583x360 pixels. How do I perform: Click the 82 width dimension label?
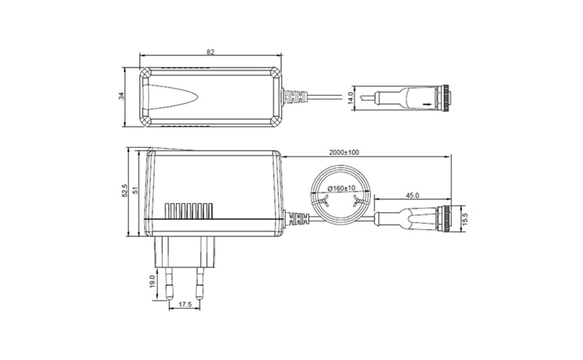pos(210,52)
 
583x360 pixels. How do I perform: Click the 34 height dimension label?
pos(122,96)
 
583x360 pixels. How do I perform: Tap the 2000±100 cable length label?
pos(344,152)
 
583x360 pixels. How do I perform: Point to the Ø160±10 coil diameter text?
pos(341,188)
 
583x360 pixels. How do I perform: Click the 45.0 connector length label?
pos(412,195)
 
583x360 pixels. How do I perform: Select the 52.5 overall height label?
pos(124,190)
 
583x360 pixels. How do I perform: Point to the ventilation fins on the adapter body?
pos(189,210)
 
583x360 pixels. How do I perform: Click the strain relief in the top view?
pos(294,96)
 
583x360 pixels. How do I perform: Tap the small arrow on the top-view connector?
pos(427,104)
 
